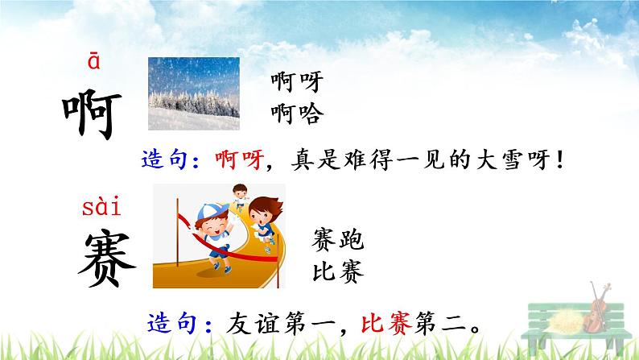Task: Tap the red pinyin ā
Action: pyautogui.click(x=93, y=64)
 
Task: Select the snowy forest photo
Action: pyautogui.click(x=193, y=93)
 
